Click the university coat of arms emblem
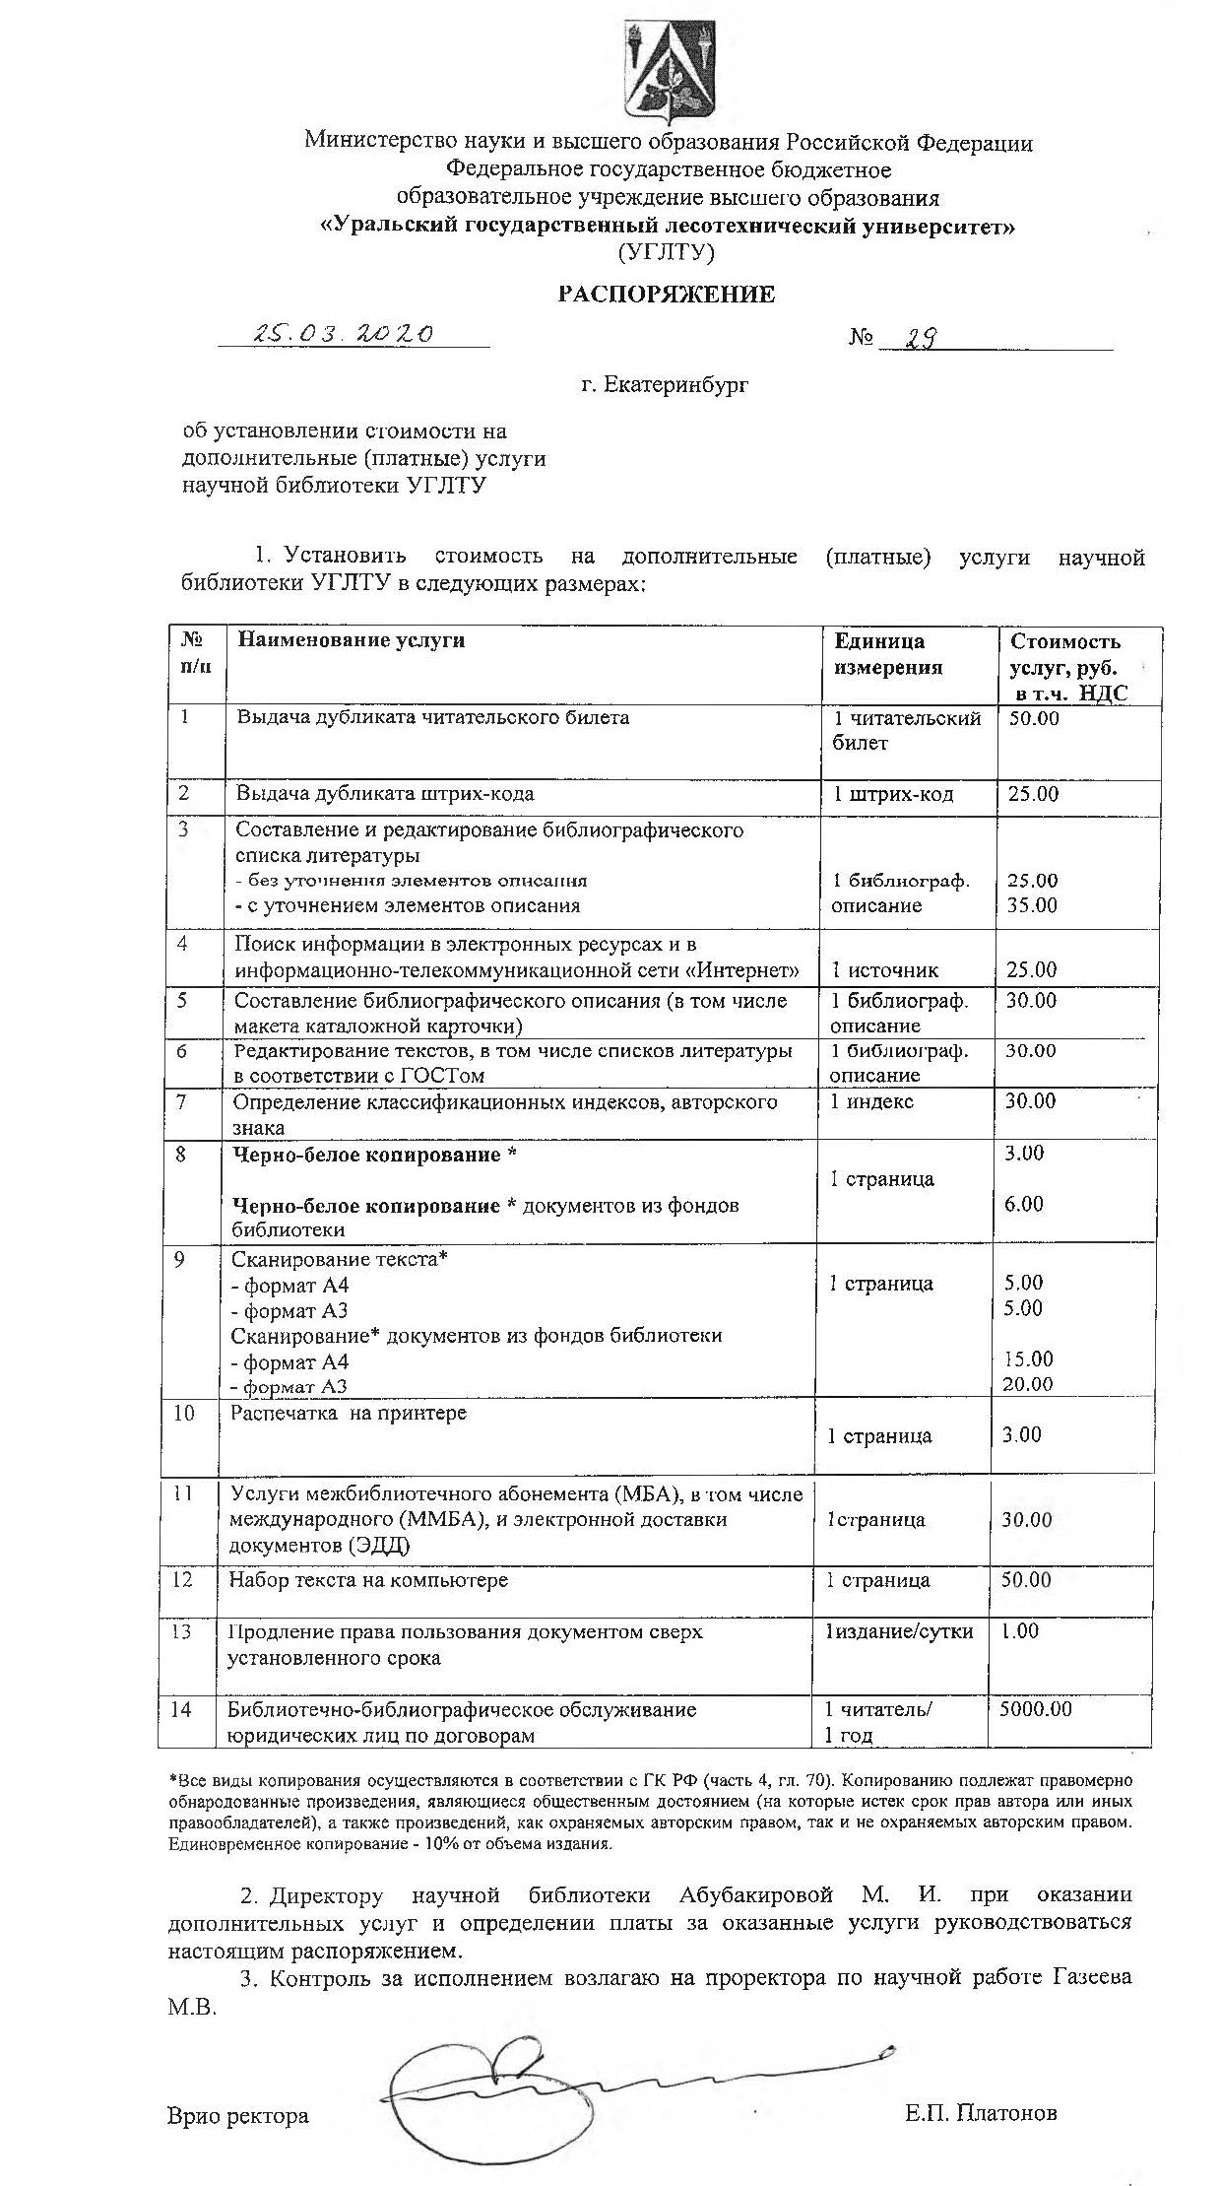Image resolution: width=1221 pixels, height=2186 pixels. (667, 73)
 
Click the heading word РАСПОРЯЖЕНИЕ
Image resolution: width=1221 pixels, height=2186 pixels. (667, 295)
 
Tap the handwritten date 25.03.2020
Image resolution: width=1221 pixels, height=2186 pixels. (344, 333)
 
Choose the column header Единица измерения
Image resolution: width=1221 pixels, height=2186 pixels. (888, 654)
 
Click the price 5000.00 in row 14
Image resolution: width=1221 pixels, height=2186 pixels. (1035, 1709)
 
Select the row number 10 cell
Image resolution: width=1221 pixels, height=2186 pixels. (184, 1413)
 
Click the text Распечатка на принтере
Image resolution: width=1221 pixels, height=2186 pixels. (349, 1413)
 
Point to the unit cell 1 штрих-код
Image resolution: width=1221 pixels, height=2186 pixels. (893, 794)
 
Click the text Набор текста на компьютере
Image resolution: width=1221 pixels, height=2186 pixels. (369, 1579)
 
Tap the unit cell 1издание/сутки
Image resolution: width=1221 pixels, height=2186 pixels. (899, 1630)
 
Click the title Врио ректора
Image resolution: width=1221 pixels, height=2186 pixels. (238, 2115)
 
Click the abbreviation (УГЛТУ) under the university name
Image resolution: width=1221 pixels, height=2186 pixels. (667, 253)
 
